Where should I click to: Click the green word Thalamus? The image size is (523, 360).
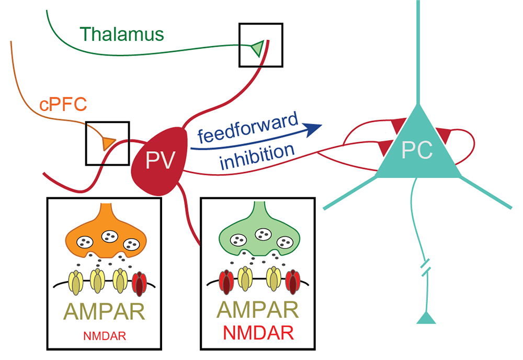point(122,34)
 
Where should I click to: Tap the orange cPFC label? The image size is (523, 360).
point(63,104)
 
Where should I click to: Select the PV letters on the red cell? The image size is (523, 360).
point(160,160)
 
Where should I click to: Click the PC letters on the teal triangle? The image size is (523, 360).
point(417,150)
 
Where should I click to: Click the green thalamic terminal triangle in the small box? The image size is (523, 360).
point(258,48)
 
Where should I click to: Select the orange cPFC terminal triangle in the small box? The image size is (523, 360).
point(109,143)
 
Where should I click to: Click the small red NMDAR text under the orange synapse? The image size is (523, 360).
point(105,336)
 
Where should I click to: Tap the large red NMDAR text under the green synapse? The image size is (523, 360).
point(258,333)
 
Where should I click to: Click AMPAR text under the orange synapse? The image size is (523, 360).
point(105,311)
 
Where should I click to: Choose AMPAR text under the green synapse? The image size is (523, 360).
point(258,309)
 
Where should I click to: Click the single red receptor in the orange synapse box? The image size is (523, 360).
point(140,284)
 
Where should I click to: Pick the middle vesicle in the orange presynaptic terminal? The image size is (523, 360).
point(110,236)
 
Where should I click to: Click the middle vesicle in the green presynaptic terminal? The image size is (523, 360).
point(264,234)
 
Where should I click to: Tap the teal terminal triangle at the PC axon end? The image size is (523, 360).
point(426,318)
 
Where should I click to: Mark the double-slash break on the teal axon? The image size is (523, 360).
point(426,267)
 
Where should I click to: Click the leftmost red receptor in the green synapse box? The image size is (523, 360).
point(226,282)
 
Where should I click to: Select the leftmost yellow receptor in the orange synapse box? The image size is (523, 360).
point(76,283)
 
